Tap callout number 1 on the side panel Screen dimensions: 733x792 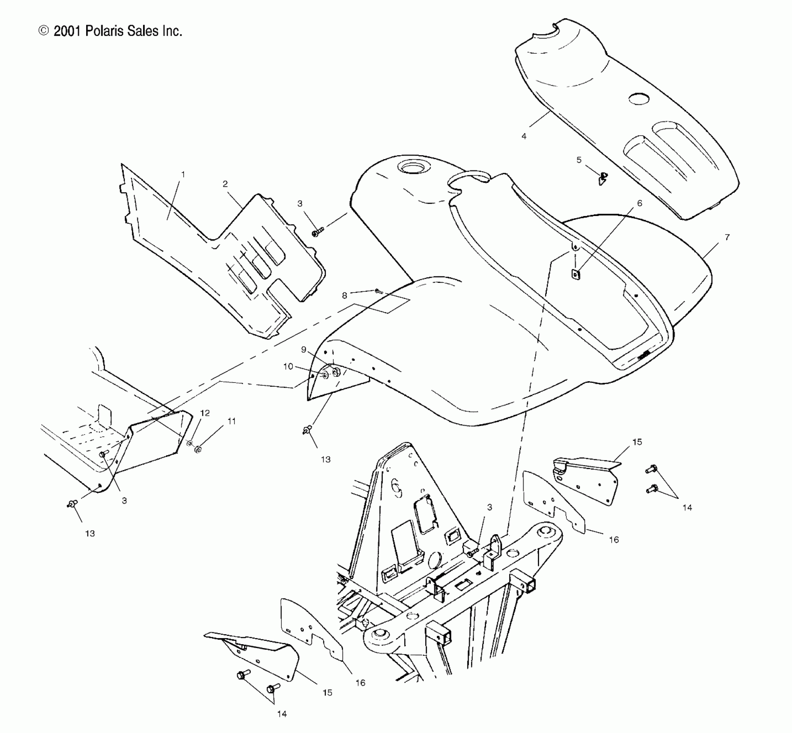click(183, 174)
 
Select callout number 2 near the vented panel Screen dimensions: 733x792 click(225, 184)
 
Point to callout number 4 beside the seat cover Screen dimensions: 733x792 click(524, 136)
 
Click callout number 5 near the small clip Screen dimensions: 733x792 click(579, 160)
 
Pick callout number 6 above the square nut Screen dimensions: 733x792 click(639, 203)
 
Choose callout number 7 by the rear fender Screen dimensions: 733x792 click(727, 237)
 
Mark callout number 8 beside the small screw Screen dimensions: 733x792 click(344, 295)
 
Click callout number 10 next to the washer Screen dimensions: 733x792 click(288, 366)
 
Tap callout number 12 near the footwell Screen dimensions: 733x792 click(205, 413)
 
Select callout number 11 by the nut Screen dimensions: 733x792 click(232, 421)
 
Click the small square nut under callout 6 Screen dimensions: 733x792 click(575, 273)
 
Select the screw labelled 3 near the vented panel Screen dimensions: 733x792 click(317, 232)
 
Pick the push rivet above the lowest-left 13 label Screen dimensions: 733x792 click(72, 503)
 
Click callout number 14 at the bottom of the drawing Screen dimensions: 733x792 click(282, 714)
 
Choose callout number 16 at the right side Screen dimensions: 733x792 click(614, 539)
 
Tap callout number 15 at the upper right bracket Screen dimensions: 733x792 click(637, 442)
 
